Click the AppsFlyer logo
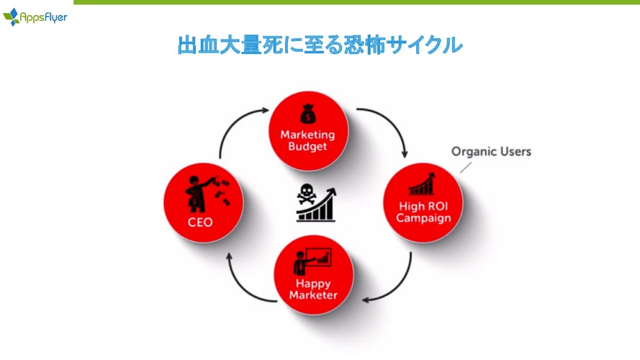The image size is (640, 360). (35, 17)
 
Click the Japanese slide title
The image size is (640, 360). (320, 45)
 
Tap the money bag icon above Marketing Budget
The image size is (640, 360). (308, 114)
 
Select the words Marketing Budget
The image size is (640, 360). (307, 140)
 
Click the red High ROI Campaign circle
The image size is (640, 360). (423, 203)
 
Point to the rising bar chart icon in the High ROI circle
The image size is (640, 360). (422, 184)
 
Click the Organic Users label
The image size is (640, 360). (491, 151)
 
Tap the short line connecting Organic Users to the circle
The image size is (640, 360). (466, 167)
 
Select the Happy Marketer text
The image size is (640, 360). (313, 289)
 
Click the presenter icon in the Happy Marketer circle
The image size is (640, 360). (312, 261)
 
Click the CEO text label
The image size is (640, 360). (200, 222)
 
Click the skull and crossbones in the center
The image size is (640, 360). (307, 194)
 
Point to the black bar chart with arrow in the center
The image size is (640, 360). (317, 207)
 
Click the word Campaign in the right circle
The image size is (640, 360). (423, 218)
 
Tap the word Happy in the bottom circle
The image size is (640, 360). (313, 284)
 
